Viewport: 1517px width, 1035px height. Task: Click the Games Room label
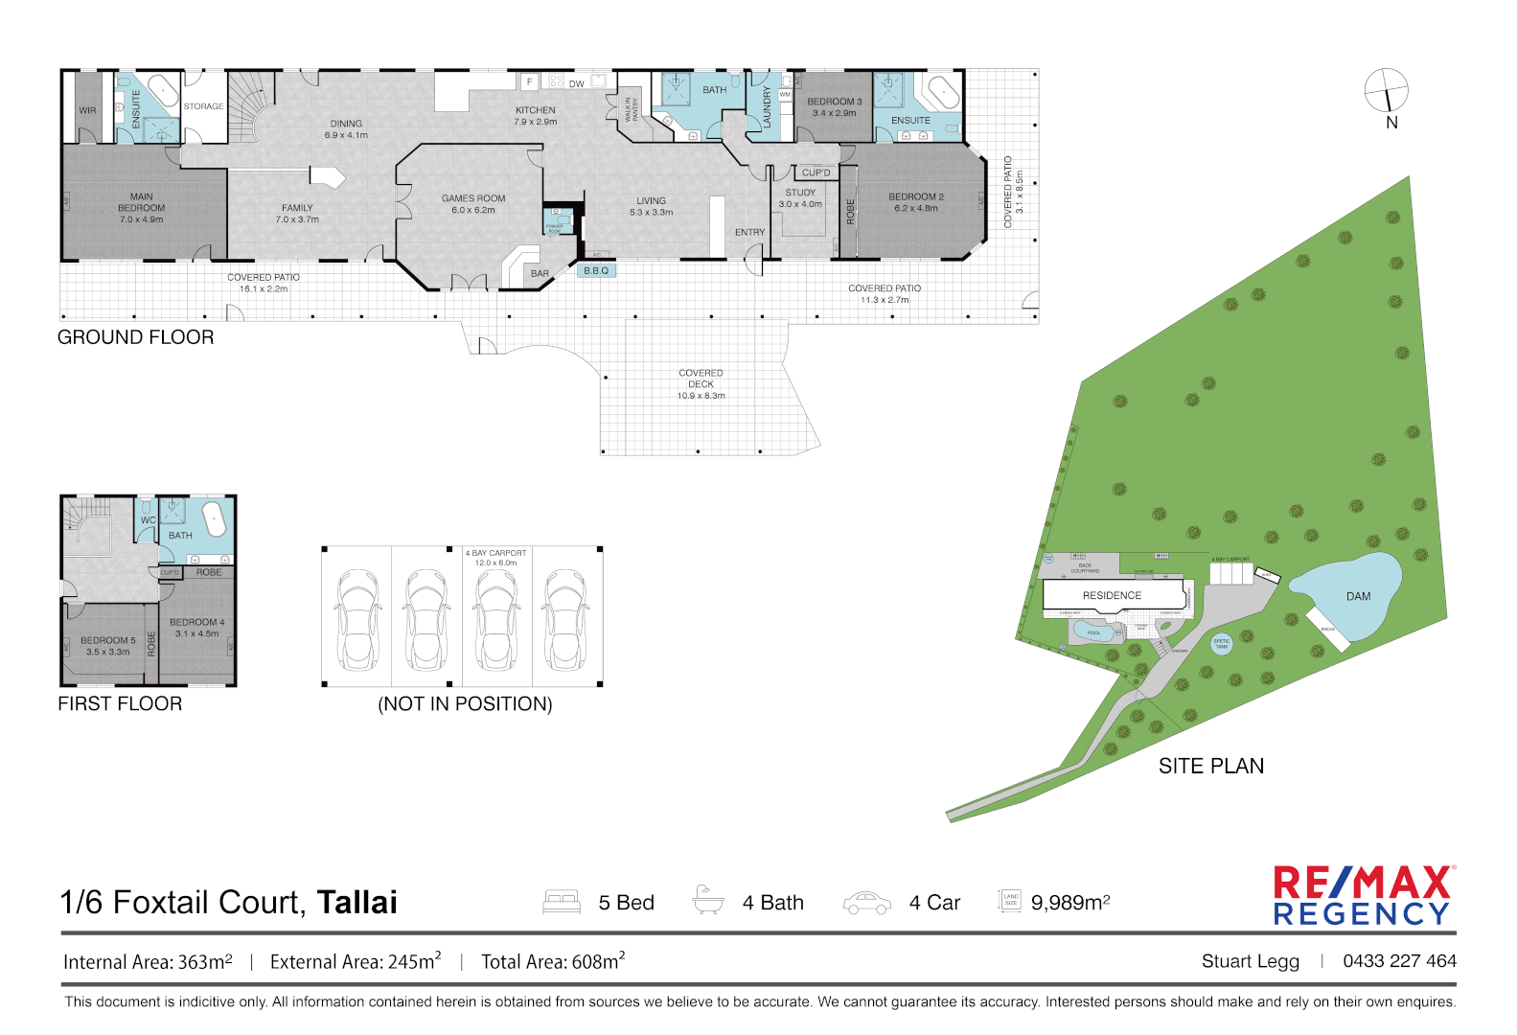click(x=473, y=204)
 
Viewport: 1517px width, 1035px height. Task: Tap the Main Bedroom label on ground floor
click(x=142, y=208)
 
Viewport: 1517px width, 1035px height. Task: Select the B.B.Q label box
click(x=596, y=271)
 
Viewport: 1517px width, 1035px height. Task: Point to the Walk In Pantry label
click(x=632, y=108)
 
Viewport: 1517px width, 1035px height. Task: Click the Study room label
click(x=800, y=198)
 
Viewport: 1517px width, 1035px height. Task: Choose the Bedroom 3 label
click(x=834, y=106)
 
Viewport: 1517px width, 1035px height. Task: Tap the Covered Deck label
click(x=701, y=383)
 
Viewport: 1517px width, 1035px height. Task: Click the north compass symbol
click(x=1387, y=91)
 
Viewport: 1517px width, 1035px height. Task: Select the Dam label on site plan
click(x=1358, y=596)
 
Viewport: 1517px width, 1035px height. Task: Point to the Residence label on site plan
click(x=1112, y=595)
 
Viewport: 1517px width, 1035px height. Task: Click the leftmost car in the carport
click(x=356, y=618)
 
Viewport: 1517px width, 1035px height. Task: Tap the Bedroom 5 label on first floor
click(x=107, y=646)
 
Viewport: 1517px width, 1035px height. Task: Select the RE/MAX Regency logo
click(x=1362, y=896)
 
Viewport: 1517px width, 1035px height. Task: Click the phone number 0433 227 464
click(x=1399, y=961)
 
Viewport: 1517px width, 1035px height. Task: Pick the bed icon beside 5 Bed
click(x=562, y=902)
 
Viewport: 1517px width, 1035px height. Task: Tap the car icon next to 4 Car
click(x=866, y=903)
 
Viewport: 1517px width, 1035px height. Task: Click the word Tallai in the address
click(x=356, y=903)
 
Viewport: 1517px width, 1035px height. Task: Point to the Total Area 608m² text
click(x=553, y=961)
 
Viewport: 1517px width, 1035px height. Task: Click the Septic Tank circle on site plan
click(x=1221, y=644)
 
